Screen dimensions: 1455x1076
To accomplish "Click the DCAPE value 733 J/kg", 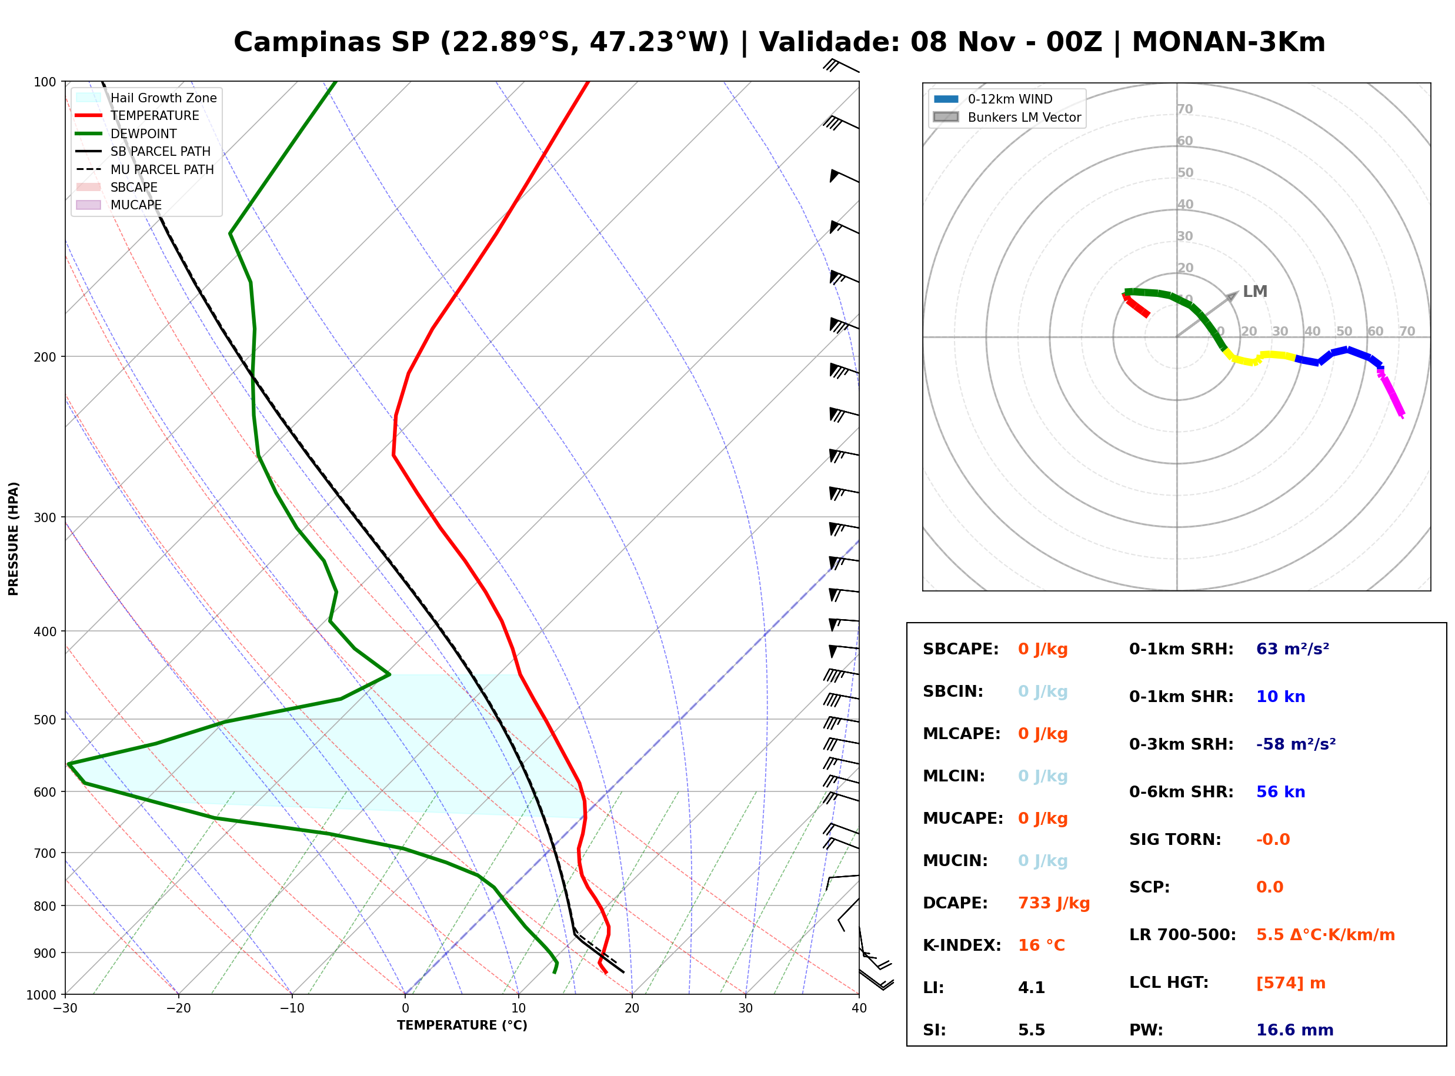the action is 1053,903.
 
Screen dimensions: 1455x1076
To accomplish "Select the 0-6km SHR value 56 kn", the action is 1280,791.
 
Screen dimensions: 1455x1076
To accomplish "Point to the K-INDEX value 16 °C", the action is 1042,945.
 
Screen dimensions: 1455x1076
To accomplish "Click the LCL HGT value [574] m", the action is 1290,983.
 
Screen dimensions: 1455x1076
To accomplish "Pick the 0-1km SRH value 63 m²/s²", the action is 1292,649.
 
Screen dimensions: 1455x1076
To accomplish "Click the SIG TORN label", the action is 1175,840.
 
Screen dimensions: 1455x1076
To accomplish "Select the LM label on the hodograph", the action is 1254,291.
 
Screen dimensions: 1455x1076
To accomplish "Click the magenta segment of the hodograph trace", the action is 1390,393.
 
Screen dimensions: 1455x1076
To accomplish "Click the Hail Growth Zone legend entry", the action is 146,98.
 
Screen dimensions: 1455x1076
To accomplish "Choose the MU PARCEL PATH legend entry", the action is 145,169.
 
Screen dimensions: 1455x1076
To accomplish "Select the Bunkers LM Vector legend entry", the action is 1007,117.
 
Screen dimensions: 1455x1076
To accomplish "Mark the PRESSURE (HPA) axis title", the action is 14,539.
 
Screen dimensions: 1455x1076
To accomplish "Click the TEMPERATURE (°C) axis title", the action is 462,1025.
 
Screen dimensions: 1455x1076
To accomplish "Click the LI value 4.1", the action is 1031,987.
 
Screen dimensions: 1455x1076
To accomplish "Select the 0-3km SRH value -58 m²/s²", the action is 1296,744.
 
